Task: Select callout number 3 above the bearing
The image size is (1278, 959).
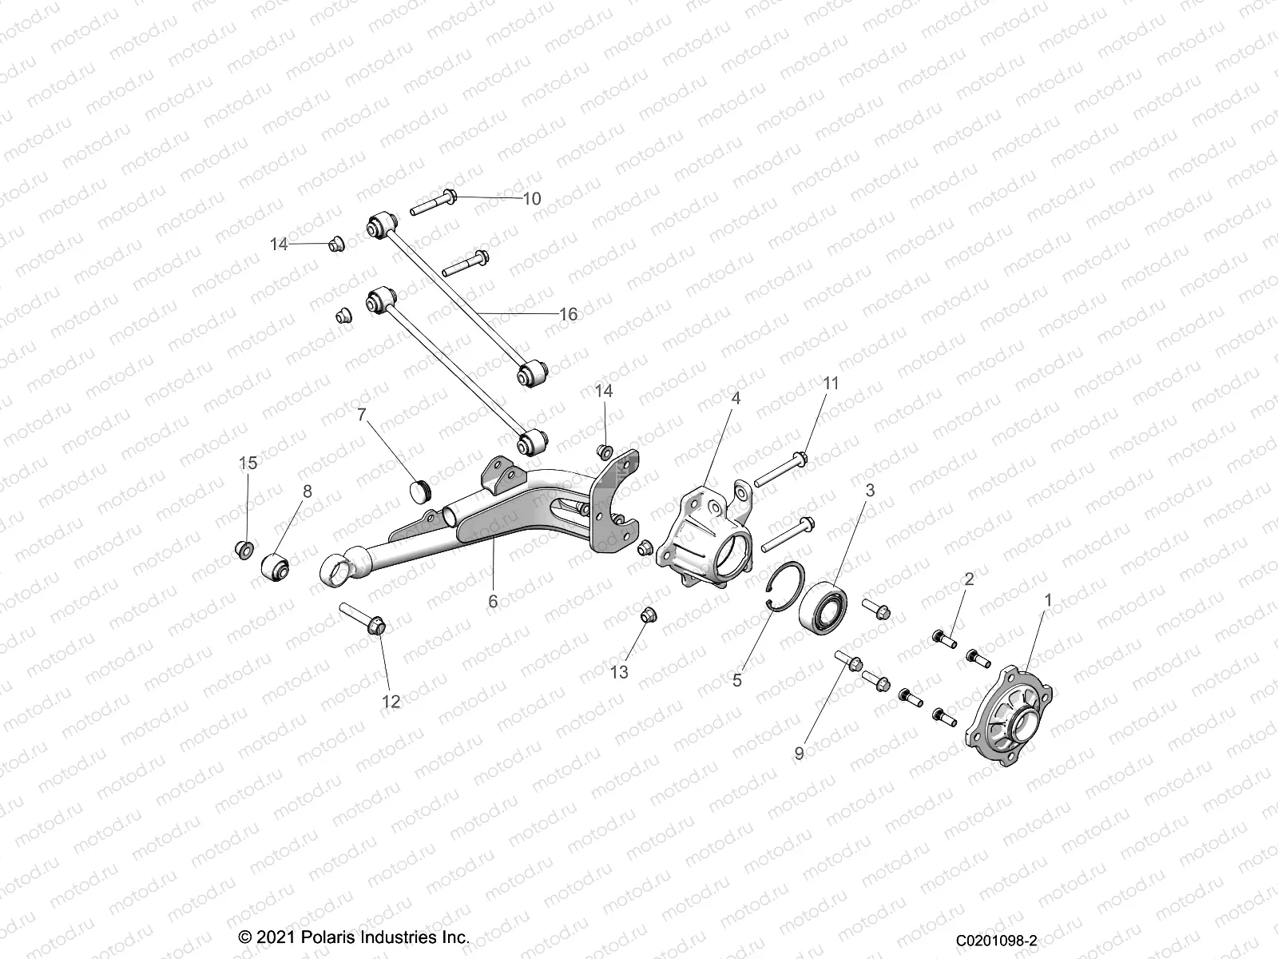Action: pyautogui.click(x=871, y=491)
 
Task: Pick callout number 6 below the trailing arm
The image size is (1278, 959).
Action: pyautogui.click(x=493, y=600)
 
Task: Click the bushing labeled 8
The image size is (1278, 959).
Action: pyautogui.click(x=276, y=567)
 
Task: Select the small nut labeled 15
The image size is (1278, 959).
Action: pyautogui.click(x=245, y=549)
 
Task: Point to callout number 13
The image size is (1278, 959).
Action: pyautogui.click(x=619, y=672)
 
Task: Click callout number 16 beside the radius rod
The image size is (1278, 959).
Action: pyautogui.click(x=568, y=314)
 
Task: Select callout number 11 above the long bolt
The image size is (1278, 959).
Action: pyautogui.click(x=831, y=384)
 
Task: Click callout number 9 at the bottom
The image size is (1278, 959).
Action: pyautogui.click(x=799, y=752)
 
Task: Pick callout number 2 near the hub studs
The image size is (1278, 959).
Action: pyautogui.click(x=969, y=579)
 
